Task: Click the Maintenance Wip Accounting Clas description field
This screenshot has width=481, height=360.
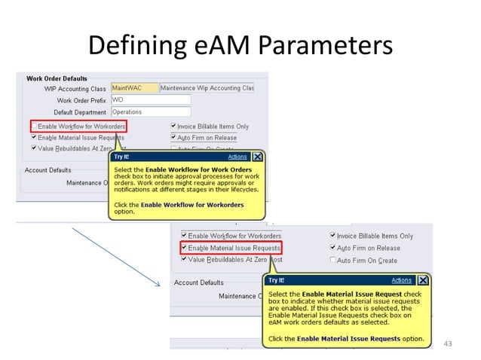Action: (x=196, y=88)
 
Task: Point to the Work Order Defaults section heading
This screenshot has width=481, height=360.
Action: (x=57, y=78)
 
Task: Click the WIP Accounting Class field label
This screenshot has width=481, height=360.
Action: (x=75, y=89)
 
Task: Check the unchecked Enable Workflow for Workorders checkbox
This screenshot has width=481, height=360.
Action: (x=34, y=126)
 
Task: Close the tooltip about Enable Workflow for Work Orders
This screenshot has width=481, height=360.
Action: (x=258, y=157)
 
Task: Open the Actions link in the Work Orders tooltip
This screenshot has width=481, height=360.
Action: (x=237, y=157)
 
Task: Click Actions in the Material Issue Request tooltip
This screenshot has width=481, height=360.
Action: (x=402, y=281)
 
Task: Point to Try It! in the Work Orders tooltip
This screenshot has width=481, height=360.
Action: (x=121, y=157)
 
